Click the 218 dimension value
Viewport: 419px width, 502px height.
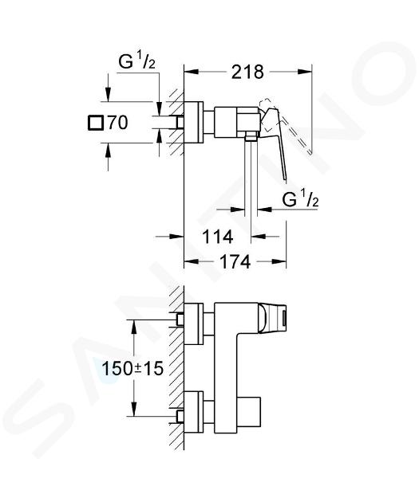click(x=247, y=72)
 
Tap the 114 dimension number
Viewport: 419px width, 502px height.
click(x=217, y=237)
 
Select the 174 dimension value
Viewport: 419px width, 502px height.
click(x=235, y=262)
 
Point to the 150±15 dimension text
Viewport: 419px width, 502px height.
click(x=132, y=368)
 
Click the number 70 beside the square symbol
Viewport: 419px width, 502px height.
click(x=117, y=123)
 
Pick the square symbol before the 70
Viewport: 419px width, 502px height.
click(x=96, y=123)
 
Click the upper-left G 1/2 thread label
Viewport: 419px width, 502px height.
click(x=137, y=61)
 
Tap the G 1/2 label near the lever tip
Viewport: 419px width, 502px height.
click(x=300, y=200)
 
